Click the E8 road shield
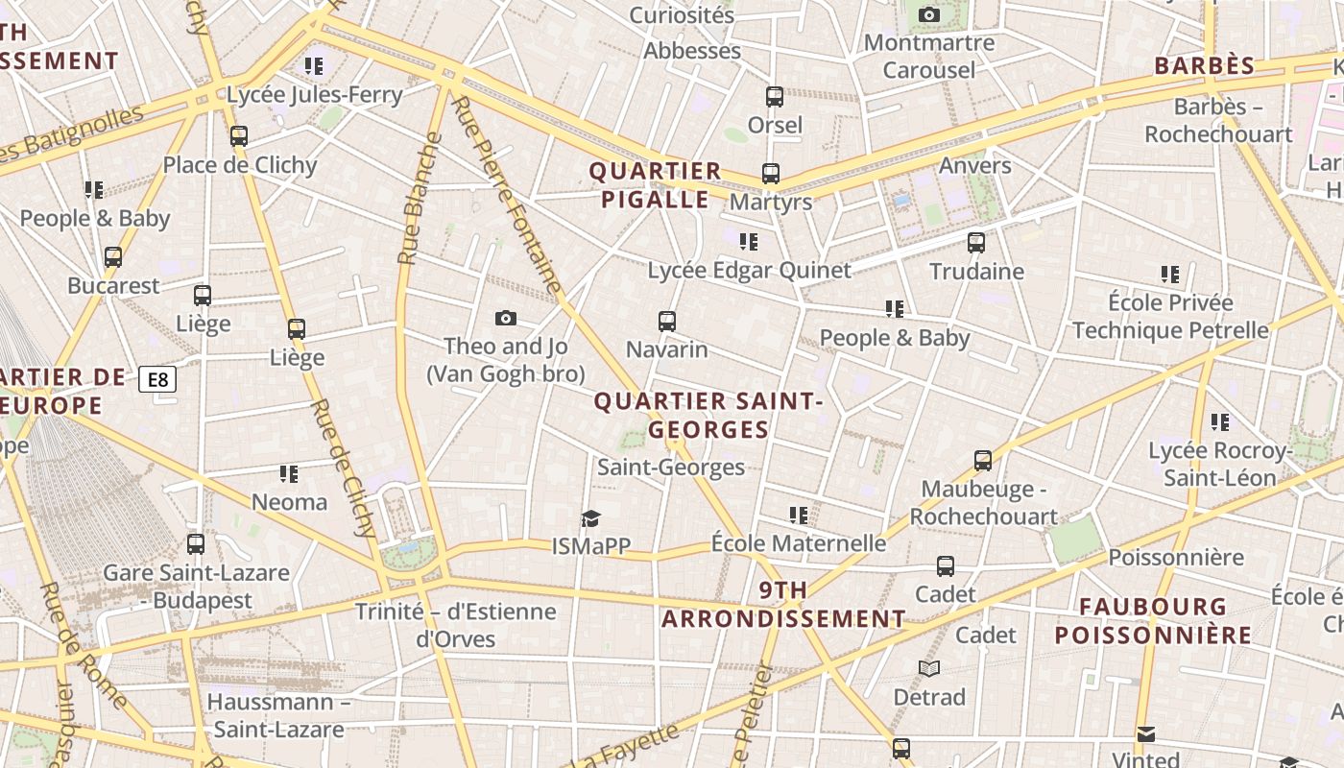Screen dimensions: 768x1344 [x=158, y=379]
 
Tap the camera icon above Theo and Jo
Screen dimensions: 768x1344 [x=506, y=318]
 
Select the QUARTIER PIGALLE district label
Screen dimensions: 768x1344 [x=655, y=185]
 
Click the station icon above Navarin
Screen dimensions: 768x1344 [x=667, y=322]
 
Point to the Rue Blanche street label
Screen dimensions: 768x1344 [x=420, y=199]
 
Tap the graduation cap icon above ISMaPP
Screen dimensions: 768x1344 [x=590, y=519]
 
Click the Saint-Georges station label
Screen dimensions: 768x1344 [x=671, y=468]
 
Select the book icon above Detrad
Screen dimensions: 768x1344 [x=928, y=668]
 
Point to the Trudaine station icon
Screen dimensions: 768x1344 [x=976, y=243]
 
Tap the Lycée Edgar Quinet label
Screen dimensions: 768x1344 [x=749, y=271]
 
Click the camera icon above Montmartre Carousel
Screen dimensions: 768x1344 [x=928, y=14]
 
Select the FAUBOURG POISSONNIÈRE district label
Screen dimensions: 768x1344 [x=1153, y=620]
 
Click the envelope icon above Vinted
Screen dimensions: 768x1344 [x=1145, y=734]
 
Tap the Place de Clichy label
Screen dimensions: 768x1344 [x=240, y=165]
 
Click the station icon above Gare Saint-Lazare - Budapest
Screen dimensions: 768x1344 [x=196, y=544]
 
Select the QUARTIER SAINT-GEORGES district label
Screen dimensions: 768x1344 [x=708, y=415]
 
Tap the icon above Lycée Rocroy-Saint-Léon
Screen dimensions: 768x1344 [x=1220, y=421]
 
